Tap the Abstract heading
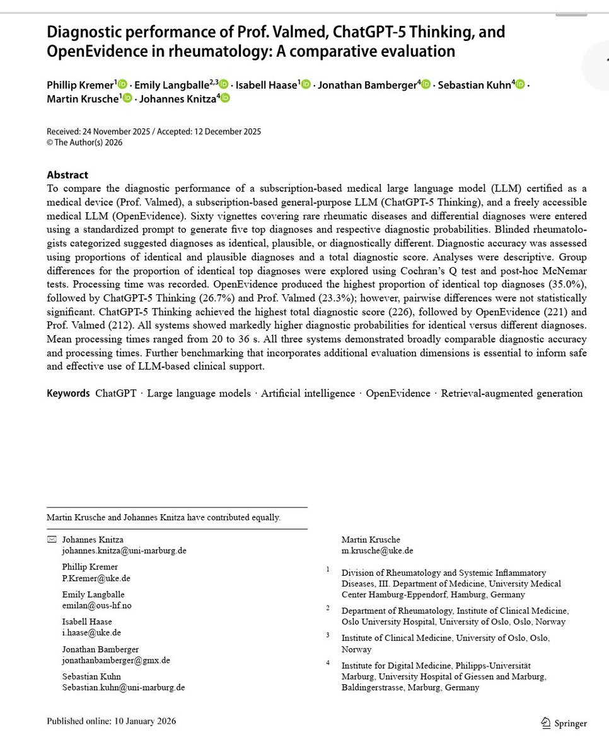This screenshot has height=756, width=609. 67,175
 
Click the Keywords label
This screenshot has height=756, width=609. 68,393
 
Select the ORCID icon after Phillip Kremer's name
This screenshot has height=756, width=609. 122,84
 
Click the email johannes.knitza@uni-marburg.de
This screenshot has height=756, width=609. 124,551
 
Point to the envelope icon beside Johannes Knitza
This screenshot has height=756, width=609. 52,539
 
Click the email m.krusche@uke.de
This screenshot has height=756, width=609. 377,551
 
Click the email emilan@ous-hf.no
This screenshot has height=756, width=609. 96,605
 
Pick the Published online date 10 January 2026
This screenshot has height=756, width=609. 144,721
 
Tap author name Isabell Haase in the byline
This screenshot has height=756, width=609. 265,85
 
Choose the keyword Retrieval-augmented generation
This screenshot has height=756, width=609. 511,393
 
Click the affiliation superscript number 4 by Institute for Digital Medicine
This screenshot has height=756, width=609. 328,663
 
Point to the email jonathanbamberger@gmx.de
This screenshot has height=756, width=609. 115,660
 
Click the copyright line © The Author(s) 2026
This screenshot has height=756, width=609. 84,142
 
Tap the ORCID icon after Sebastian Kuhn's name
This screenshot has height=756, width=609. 520,84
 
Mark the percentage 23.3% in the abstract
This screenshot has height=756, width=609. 335,298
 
